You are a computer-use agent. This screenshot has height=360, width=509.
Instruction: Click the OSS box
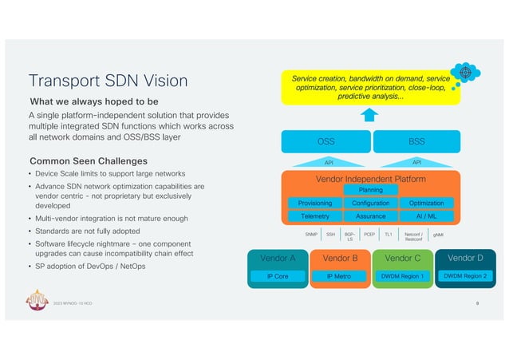326,142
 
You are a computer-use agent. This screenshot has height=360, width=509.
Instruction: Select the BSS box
416,142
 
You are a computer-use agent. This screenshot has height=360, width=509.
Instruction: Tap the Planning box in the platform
371,190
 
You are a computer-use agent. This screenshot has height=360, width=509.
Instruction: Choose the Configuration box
371,203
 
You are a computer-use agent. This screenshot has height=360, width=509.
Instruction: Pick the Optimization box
426,203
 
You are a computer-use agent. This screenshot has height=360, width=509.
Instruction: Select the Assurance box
371,216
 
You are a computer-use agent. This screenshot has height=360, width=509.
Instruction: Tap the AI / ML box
426,216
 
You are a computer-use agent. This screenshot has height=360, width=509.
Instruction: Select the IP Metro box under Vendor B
339,275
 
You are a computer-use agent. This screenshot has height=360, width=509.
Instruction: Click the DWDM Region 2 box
464,275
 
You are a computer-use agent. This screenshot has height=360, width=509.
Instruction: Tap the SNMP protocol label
311,235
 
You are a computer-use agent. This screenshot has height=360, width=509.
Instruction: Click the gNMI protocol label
438,235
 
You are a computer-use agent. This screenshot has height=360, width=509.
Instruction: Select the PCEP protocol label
369,235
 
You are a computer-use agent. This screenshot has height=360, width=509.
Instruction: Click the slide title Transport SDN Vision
108,81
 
